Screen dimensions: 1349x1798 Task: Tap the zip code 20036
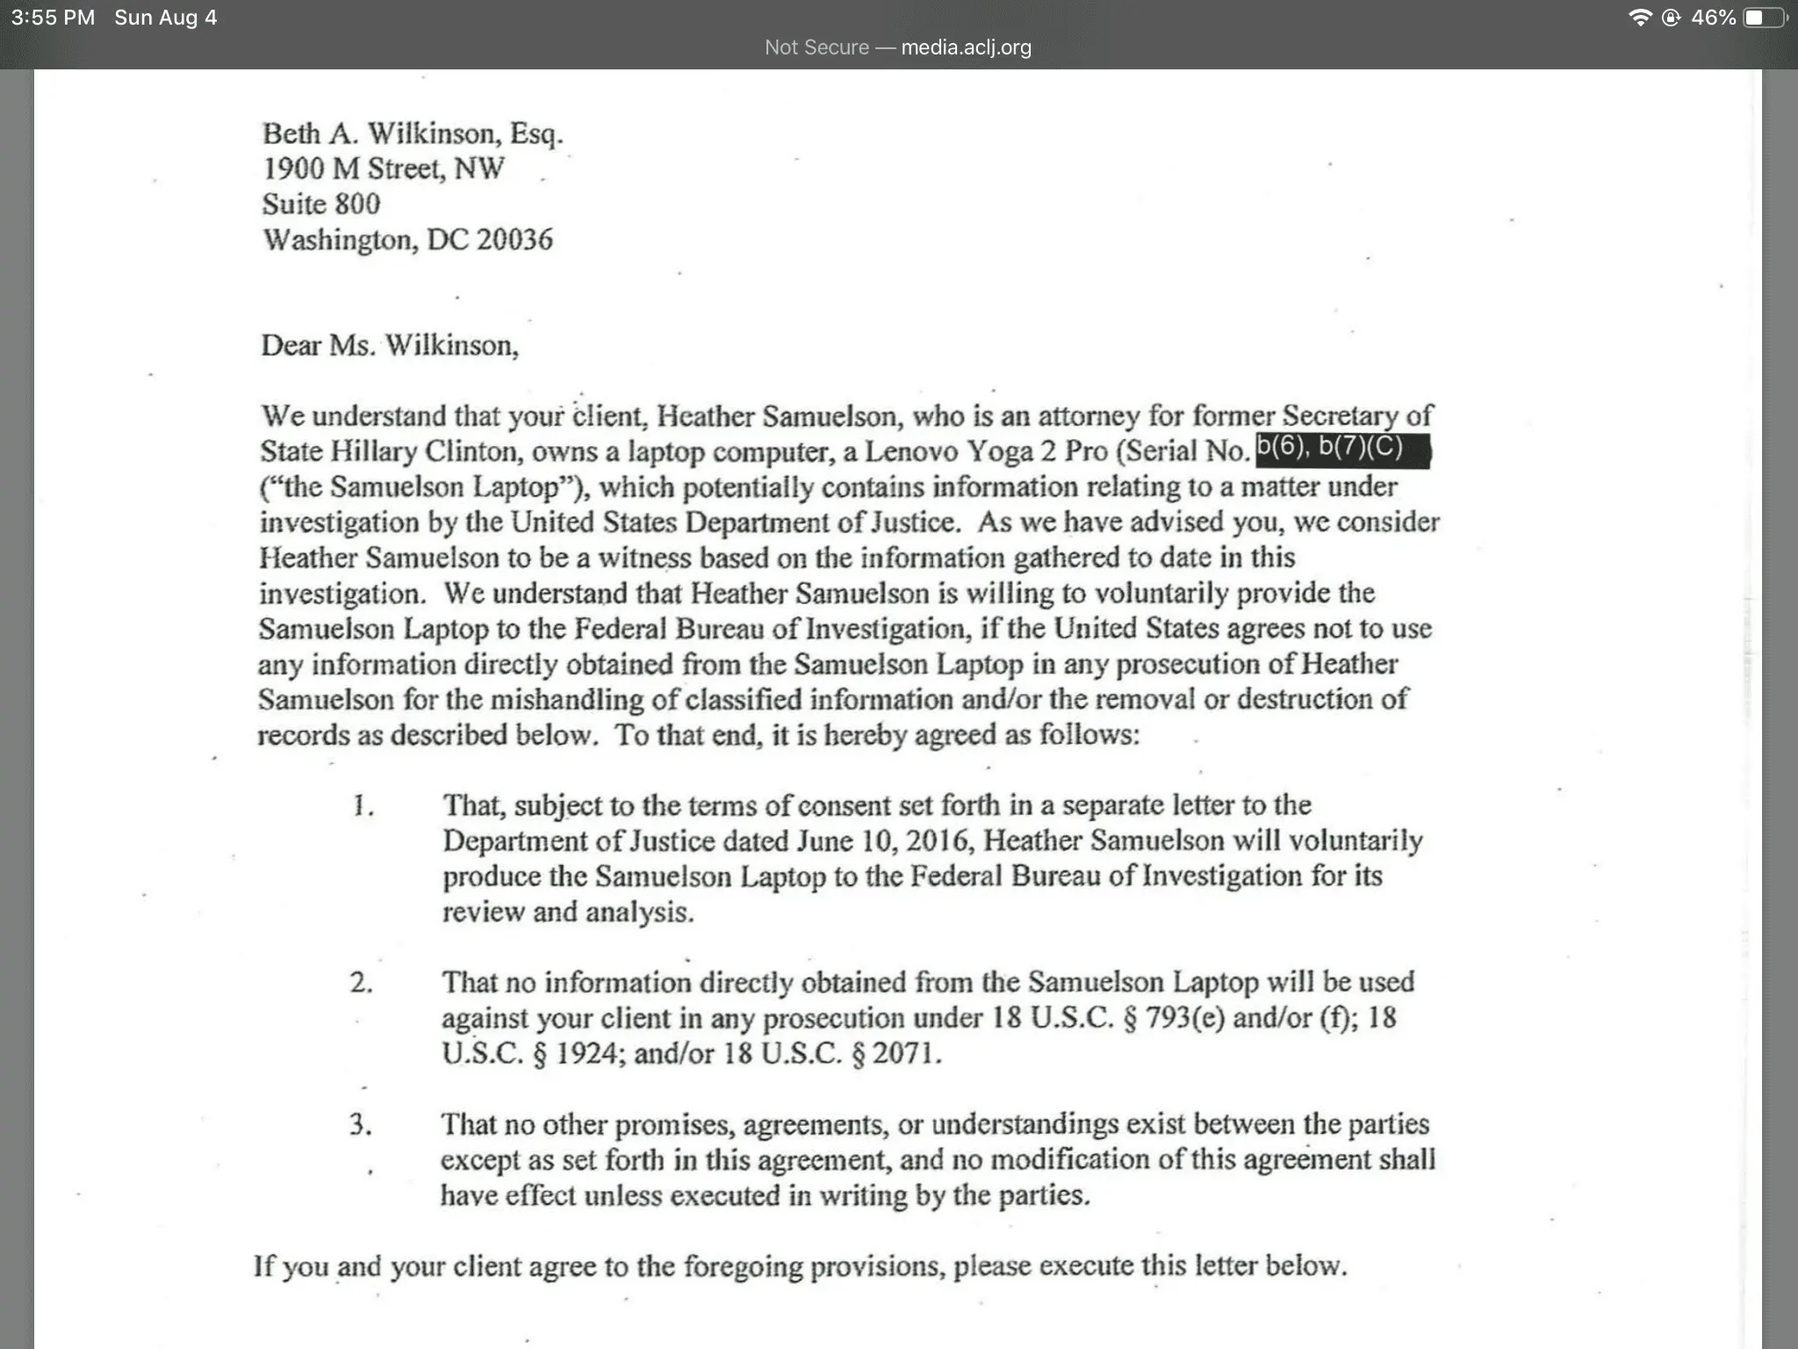click(x=514, y=240)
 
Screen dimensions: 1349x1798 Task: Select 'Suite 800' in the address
click(x=320, y=204)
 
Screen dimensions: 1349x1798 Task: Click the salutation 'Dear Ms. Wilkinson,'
click(x=390, y=345)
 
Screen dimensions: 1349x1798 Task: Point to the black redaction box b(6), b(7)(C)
click(x=1342, y=451)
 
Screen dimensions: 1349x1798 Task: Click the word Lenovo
click(x=911, y=451)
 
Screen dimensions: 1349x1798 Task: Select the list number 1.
click(x=361, y=805)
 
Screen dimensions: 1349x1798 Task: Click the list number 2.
click(x=361, y=982)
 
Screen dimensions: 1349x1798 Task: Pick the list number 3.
click(x=360, y=1124)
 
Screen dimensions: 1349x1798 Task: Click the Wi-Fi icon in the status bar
click(x=1639, y=18)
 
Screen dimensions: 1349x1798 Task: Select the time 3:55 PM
click(x=53, y=18)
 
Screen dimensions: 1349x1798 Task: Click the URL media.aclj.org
click(x=966, y=47)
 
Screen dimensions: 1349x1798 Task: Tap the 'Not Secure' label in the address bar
click(x=816, y=47)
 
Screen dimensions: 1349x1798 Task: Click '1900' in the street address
click(x=295, y=169)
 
